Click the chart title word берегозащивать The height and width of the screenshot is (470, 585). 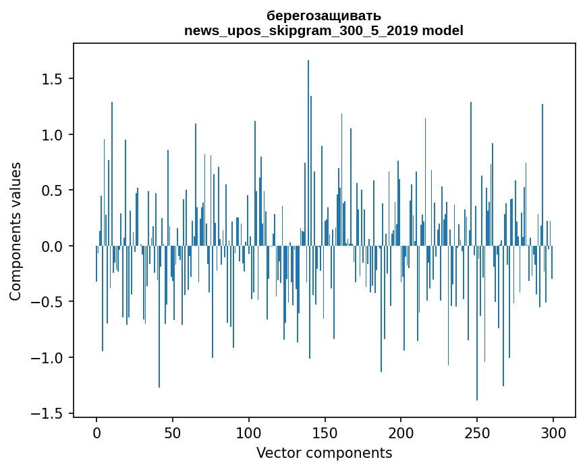tap(324, 16)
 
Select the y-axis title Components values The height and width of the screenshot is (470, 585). tap(15, 231)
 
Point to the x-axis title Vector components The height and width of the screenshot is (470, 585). tap(324, 452)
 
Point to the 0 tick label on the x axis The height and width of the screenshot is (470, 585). tap(96, 432)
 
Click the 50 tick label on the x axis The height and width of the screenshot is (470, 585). tap(173, 432)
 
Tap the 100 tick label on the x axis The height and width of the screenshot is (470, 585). tap(249, 432)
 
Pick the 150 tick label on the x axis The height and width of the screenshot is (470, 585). tap(325, 432)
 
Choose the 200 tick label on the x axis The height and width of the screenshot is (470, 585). tap(401, 432)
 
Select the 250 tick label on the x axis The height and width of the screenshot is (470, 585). tap(477, 432)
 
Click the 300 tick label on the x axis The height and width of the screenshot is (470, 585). tap(553, 432)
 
